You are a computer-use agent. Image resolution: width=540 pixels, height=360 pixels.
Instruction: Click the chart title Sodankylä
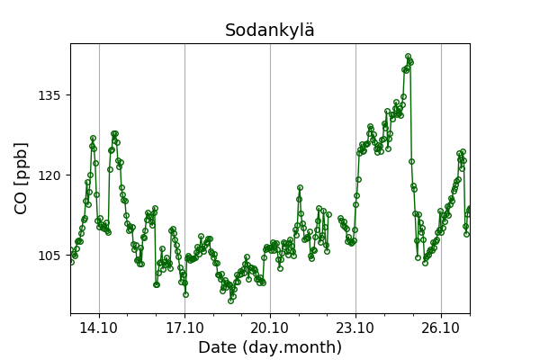pyautogui.click(x=270, y=31)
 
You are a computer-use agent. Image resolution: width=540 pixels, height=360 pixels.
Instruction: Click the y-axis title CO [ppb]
pyautogui.click(x=22, y=178)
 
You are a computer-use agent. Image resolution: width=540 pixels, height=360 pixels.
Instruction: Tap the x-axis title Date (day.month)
pyautogui.click(x=270, y=347)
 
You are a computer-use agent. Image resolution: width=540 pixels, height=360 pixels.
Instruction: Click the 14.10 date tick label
pyautogui.click(x=99, y=328)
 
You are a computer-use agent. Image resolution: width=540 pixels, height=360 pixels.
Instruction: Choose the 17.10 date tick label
pyautogui.click(x=184, y=328)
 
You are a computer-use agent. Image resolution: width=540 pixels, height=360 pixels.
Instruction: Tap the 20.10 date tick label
pyautogui.click(x=270, y=328)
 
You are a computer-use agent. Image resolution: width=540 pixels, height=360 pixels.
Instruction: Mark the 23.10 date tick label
pyautogui.click(x=355, y=328)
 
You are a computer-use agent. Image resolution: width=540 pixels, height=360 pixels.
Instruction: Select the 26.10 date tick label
pyautogui.click(x=441, y=328)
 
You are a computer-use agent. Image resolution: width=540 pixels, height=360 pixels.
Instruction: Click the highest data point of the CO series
pyautogui.click(x=408, y=57)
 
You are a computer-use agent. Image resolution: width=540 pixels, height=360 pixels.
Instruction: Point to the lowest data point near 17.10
pyautogui.click(x=185, y=294)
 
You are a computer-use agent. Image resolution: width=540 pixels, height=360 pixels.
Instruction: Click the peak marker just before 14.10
pyautogui.click(x=93, y=139)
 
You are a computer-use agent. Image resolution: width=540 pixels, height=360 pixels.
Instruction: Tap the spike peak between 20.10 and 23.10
pyautogui.click(x=300, y=188)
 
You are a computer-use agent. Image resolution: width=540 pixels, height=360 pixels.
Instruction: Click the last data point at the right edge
pyautogui.click(x=469, y=209)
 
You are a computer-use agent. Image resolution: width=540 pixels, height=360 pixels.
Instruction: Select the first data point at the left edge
pyautogui.click(x=71, y=251)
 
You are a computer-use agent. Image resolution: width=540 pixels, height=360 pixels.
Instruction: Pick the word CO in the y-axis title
pyautogui.click(x=22, y=199)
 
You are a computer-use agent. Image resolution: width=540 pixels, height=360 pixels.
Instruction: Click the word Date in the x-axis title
pyautogui.click(x=218, y=347)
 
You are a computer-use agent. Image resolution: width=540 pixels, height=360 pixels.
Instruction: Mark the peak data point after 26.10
pyautogui.click(x=463, y=152)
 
